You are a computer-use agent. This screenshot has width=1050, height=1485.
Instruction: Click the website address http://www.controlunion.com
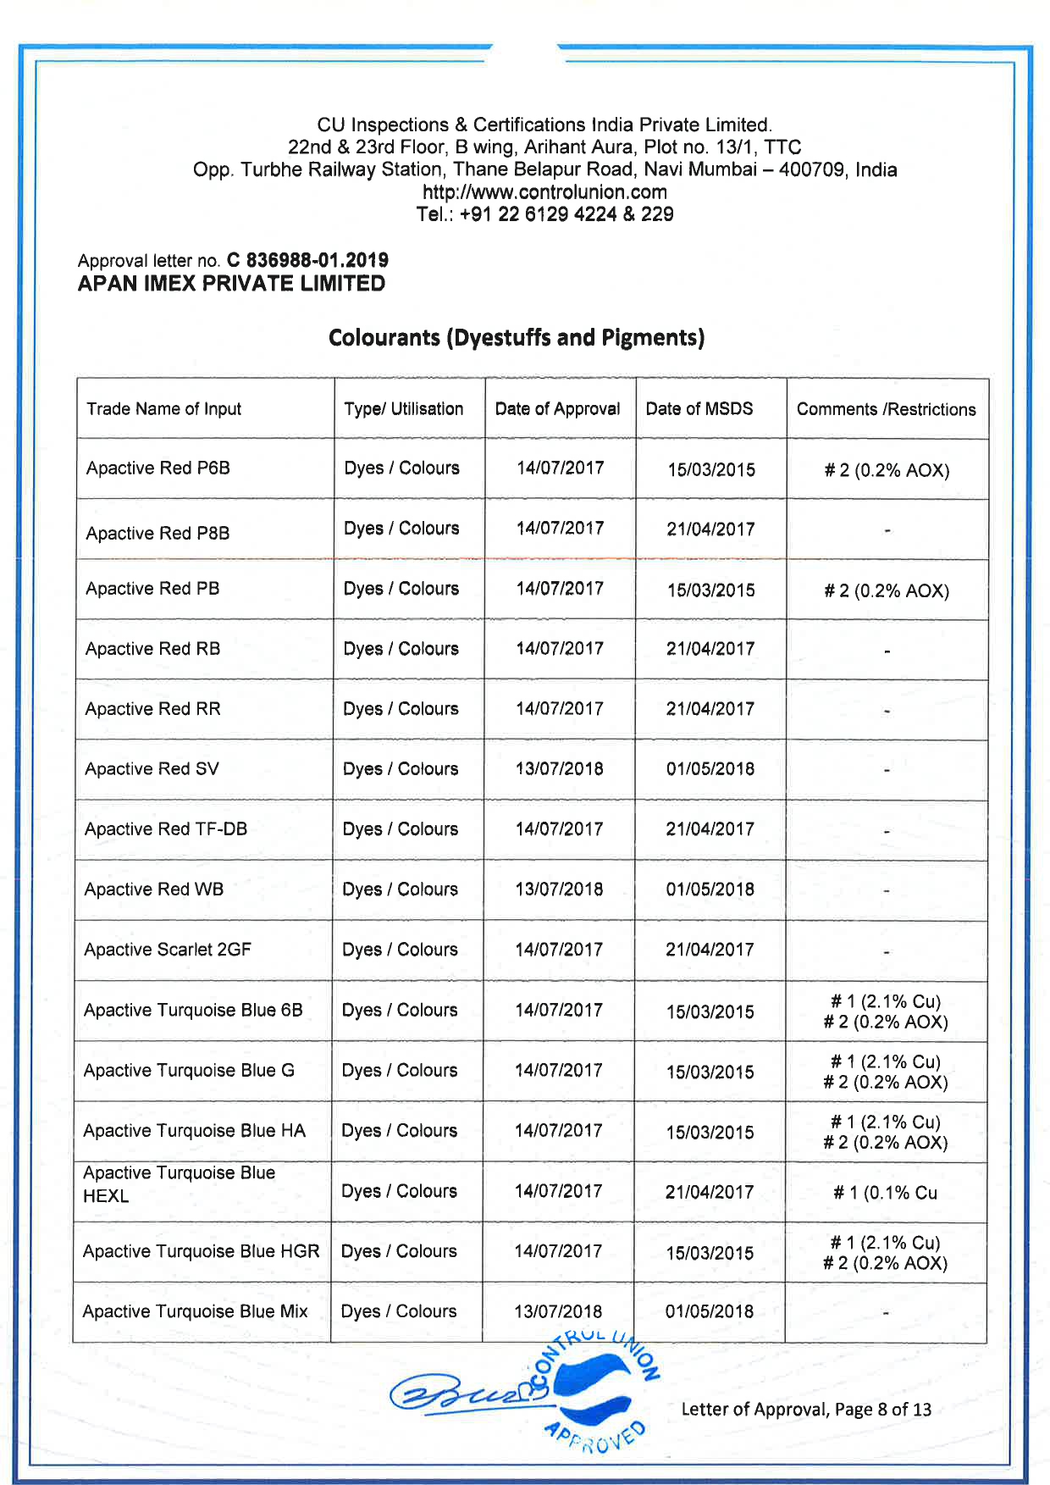(544, 192)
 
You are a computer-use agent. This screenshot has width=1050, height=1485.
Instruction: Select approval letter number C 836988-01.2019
(307, 260)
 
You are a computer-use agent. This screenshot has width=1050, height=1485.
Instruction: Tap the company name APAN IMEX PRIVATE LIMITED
(231, 284)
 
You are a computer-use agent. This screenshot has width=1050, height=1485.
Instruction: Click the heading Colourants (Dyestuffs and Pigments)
(517, 338)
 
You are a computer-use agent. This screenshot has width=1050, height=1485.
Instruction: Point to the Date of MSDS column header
(699, 409)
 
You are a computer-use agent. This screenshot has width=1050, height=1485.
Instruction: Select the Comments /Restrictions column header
(886, 409)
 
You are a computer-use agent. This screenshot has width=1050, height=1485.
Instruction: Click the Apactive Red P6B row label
(158, 468)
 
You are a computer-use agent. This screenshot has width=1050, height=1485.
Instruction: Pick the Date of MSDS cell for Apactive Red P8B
(710, 529)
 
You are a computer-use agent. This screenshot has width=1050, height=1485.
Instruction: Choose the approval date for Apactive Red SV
(559, 769)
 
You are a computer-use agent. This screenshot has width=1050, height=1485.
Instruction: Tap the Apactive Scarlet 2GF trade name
(168, 950)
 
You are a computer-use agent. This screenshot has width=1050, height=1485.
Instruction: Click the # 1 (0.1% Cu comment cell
(885, 1193)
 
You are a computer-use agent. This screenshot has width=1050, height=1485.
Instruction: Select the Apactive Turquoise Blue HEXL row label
(179, 1184)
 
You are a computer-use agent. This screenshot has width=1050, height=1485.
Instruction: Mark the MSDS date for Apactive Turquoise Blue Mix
(709, 1312)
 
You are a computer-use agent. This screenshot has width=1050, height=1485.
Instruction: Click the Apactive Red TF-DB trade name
(166, 829)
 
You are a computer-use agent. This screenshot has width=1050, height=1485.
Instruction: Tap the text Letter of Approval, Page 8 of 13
(805, 1410)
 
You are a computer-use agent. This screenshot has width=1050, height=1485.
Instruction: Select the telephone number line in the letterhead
(544, 214)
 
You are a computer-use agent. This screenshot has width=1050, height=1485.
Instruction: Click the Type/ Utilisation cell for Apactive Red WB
(400, 889)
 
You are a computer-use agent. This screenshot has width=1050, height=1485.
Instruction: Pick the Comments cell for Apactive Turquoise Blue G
(885, 1072)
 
